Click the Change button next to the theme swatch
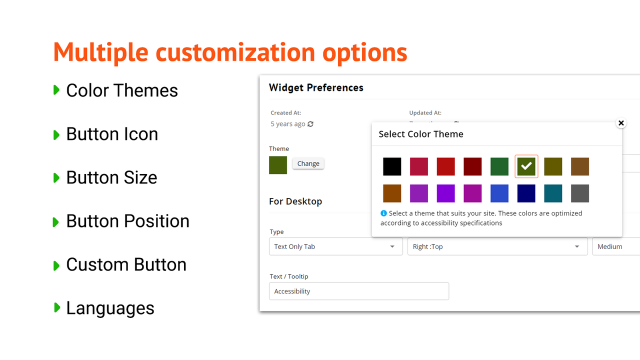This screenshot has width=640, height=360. tap(308, 163)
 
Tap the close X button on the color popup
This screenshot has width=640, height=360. tap(621, 123)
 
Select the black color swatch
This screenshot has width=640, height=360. tap(392, 166)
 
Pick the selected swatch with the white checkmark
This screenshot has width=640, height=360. tap(526, 166)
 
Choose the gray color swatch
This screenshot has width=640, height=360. tap(580, 193)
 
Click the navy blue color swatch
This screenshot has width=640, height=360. tap(526, 193)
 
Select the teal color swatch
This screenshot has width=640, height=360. tap(553, 193)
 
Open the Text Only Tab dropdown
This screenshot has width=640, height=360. tap(335, 246)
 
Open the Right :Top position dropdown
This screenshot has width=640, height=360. tap(497, 246)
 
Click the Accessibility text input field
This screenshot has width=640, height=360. tap(358, 291)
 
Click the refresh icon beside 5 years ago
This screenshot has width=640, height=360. tap(310, 124)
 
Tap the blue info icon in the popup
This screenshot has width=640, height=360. tap(383, 213)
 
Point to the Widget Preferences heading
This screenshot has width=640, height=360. tap(316, 87)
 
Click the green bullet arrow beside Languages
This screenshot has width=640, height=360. tap(56, 308)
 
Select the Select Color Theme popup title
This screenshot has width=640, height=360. tap(420, 134)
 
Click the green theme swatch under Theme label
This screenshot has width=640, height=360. tap(278, 165)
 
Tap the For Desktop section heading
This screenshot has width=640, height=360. tap(295, 201)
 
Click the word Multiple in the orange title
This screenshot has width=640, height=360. tap(100, 52)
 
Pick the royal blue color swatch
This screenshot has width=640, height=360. tap(499, 193)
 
